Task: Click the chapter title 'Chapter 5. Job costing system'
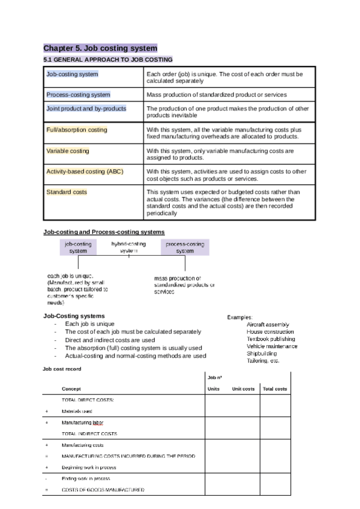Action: (x=100, y=48)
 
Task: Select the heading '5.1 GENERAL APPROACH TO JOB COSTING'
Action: (x=108, y=59)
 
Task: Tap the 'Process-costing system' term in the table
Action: (x=78, y=95)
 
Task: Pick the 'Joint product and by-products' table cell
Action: (x=86, y=109)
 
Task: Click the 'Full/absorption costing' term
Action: (x=77, y=130)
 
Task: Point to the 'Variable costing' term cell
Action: (x=67, y=151)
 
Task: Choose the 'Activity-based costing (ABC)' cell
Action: (x=85, y=172)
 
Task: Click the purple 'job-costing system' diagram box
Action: (x=78, y=247)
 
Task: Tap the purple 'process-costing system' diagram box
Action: (x=185, y=247)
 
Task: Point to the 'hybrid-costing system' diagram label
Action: (x=128, y=247)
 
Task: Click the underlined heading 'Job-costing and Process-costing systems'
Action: (x=104, y=232)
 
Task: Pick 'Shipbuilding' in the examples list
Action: (x=263, y=354)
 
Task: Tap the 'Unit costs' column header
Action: (x=243, y=389)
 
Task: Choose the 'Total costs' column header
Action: (x=275, y=389)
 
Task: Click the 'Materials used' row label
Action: (x=77, y=411)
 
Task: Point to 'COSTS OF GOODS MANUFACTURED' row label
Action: (x=103, y=490)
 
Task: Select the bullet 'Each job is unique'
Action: (x=89, y=324)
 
